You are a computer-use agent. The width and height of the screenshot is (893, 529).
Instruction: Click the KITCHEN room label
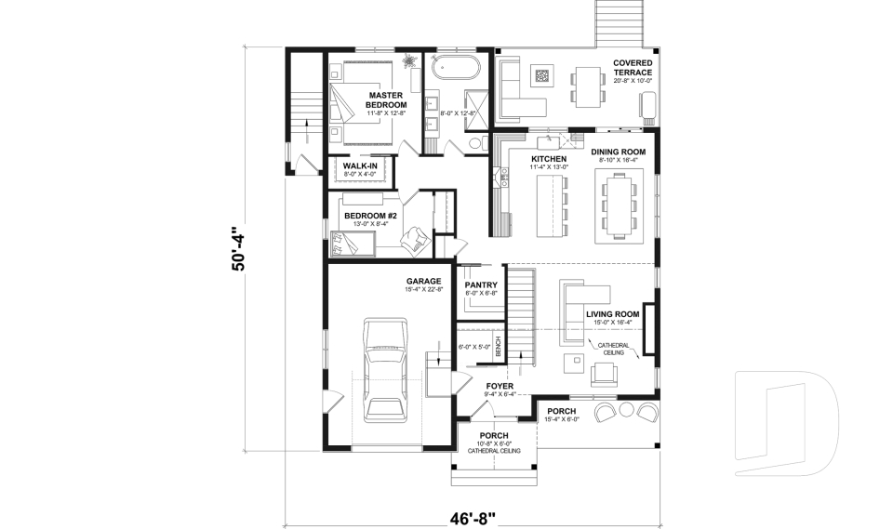pyautogui.click(x=548, y=160)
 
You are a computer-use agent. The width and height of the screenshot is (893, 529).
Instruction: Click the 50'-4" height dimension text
pyautogui.click(x=241, y=249)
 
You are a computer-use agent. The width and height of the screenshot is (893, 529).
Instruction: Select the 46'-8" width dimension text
pyautogui.click(x=473, y=515)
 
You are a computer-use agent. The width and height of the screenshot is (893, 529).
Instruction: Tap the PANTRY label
pyautogui.click(x=481, y=285)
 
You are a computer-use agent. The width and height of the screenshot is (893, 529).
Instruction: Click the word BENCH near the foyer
pyautogui.click(x=499, y=347)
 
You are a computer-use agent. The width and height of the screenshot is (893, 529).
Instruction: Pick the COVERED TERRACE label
pyautogui.click(x=633, y=68)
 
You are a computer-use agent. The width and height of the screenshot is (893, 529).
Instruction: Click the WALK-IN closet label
pyautogui.click(x=359, y=166)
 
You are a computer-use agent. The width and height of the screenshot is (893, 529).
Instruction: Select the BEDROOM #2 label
pyautogui.click(x=370, y=217)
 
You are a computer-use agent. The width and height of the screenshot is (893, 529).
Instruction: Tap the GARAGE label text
pyautogui.click(x=422, y=281)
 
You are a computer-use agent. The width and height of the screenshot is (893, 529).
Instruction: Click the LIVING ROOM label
pyautogui.click(x=613, y=314)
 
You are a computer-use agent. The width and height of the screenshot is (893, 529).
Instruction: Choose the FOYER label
pyautogui.click(x=500, y=385)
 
